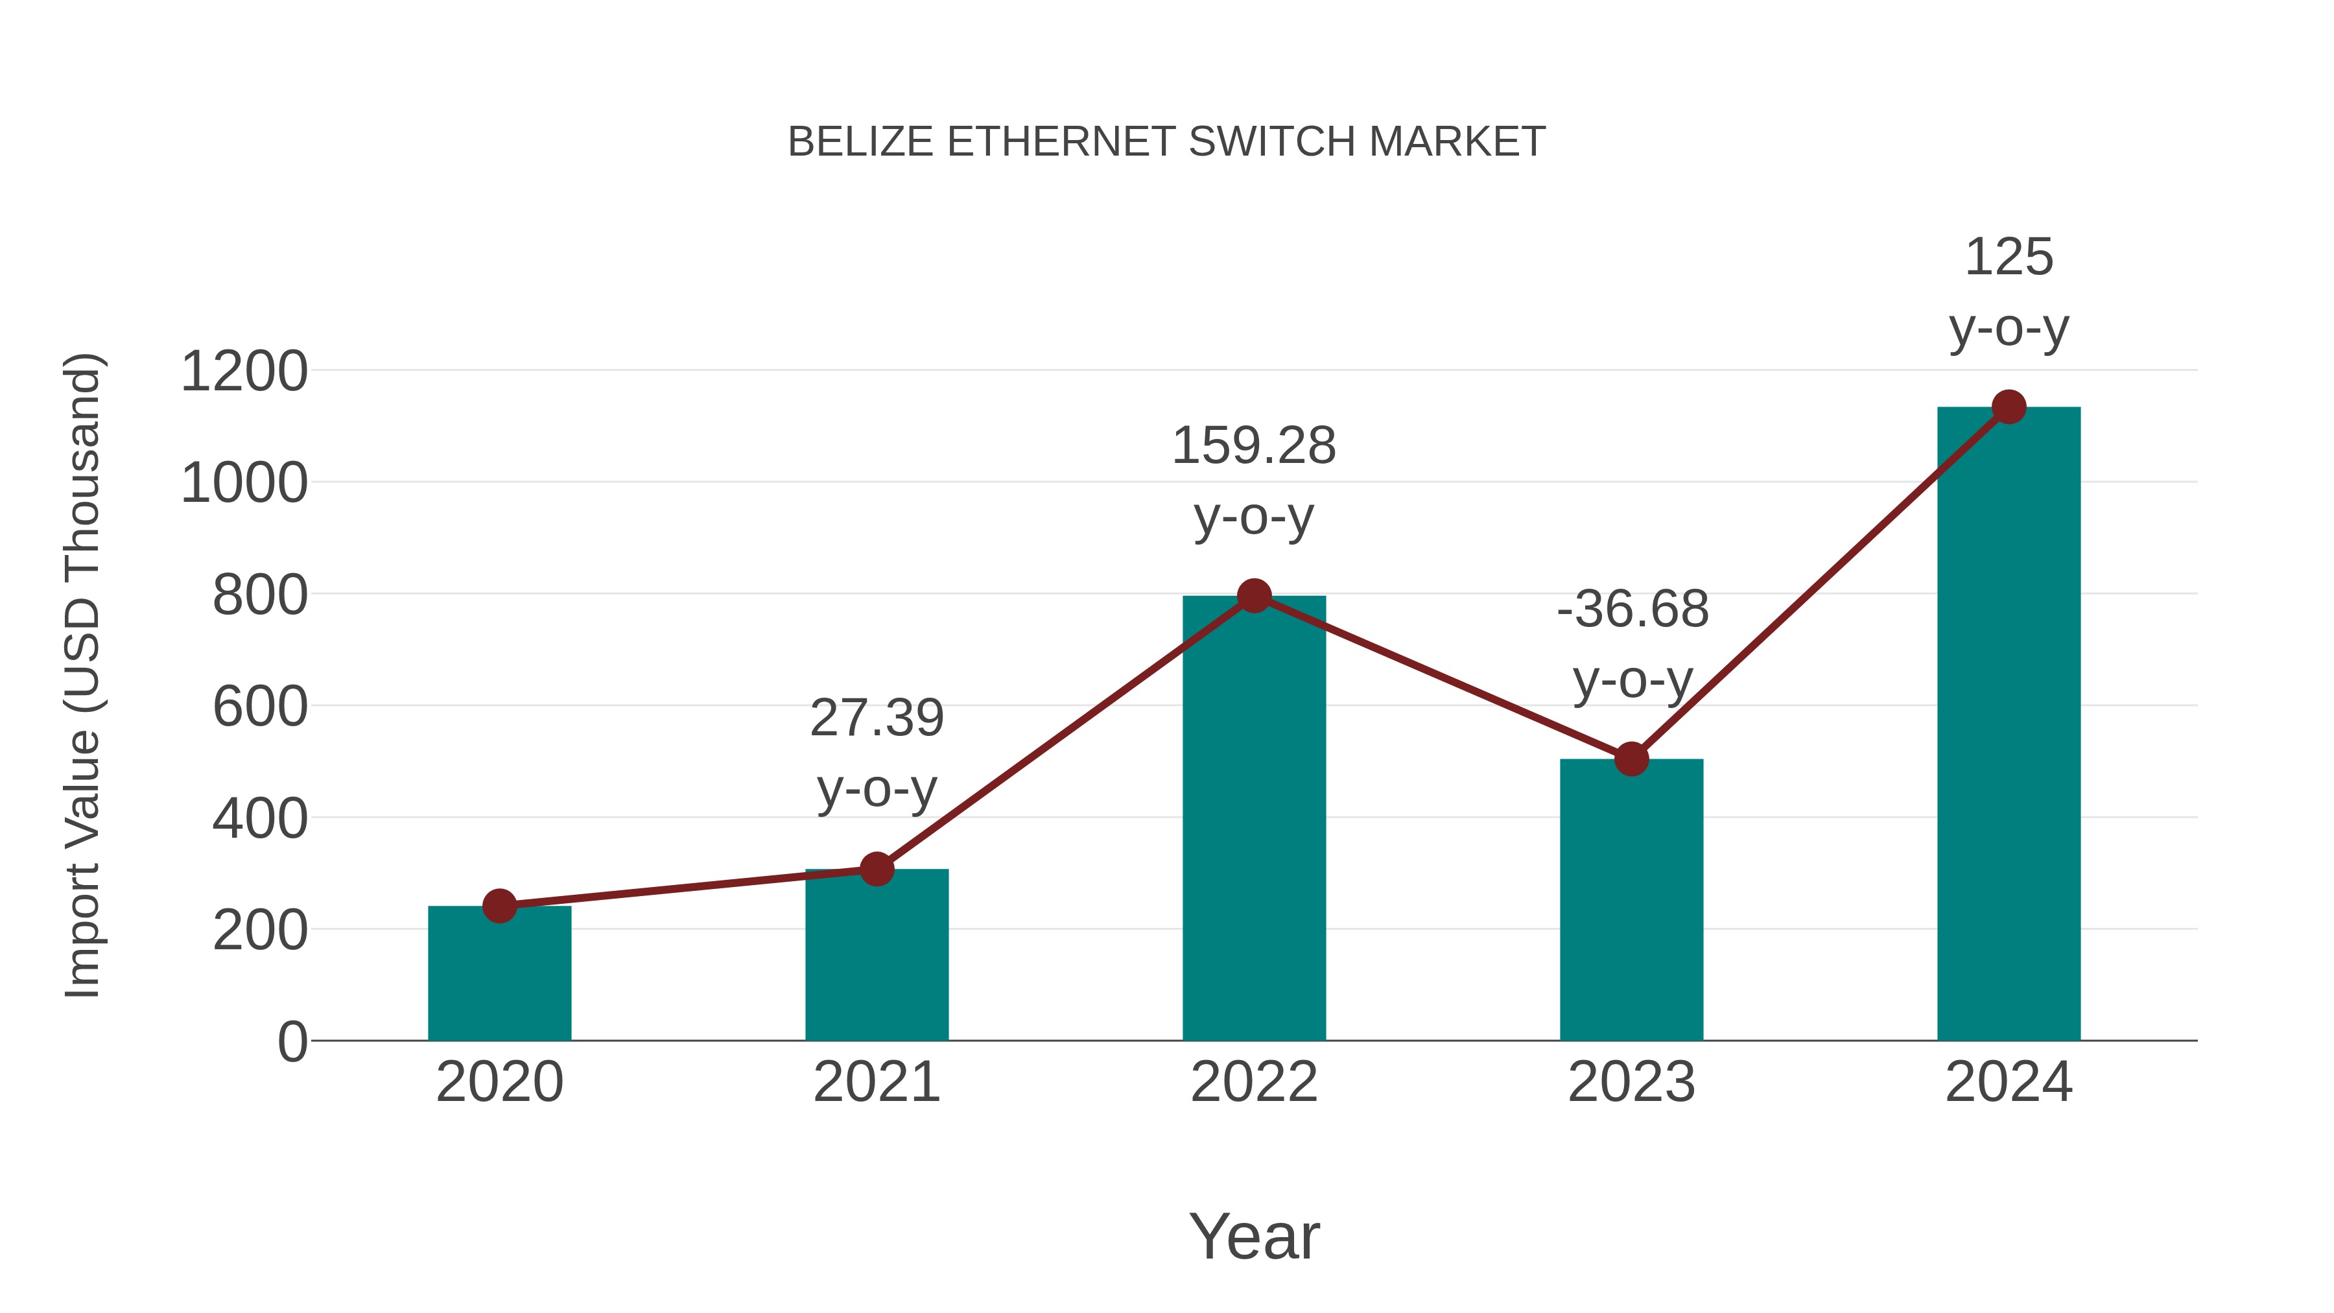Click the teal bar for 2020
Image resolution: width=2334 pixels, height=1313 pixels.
point(499,974)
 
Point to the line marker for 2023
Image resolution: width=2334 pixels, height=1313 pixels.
point(1631,759)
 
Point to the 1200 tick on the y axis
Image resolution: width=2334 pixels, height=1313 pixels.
point(244,372)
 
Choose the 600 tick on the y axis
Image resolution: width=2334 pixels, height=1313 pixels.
point(260,707)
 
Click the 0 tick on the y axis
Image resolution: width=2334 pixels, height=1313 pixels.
point(292,1042)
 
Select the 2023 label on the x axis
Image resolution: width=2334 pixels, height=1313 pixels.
point(1631,1082)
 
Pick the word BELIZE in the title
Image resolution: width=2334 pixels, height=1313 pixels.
point(860,142)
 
